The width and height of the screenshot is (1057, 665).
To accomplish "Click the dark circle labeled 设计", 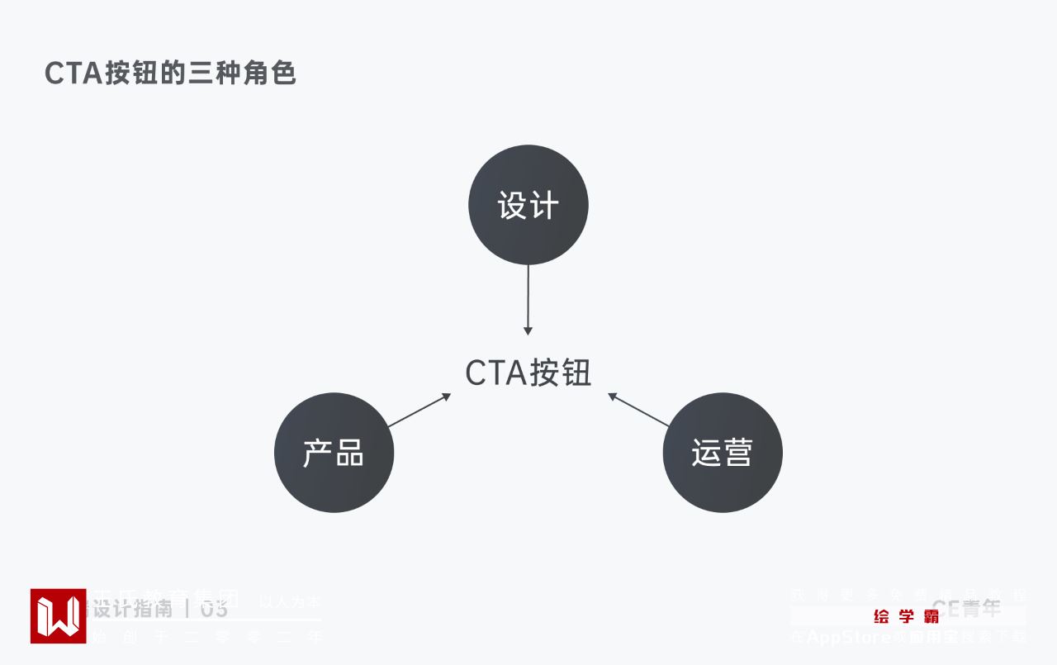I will (x=528, y=205).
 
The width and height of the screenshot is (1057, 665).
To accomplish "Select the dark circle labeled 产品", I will (x=334, y=453).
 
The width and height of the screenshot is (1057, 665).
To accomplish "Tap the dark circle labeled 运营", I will (x=723, y=453).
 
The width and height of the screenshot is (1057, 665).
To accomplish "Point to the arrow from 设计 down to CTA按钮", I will (x=528, y=297).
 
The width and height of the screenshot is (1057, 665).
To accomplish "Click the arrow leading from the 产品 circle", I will (x=418, y=411).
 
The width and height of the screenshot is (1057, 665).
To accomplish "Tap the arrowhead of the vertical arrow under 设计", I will (x=528, y=330).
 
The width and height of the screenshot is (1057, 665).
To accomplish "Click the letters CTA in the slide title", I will (x=73, y=74).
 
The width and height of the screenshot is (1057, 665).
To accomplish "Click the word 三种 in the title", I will (x=216, y=74).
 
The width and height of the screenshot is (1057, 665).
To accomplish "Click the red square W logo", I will (x=58, y=615).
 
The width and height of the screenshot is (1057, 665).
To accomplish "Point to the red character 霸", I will (x=931, y=616).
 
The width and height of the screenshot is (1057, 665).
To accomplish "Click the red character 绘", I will (x=881, y=616).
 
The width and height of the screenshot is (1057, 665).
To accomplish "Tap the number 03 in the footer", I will (x=214, y=610).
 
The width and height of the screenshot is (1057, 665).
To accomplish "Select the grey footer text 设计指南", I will (x=132, y=610).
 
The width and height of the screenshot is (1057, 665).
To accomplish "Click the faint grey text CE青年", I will (x=966, y=610).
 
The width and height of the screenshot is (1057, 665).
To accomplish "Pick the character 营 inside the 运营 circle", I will (x=737, y=453).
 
